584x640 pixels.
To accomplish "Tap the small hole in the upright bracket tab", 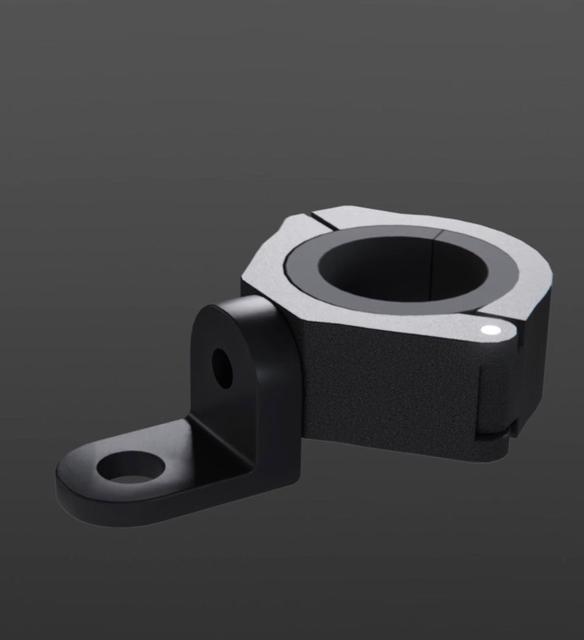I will click(222, 369).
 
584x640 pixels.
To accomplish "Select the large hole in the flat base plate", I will click(131, 465).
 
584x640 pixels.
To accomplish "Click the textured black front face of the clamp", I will click(378, 378).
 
